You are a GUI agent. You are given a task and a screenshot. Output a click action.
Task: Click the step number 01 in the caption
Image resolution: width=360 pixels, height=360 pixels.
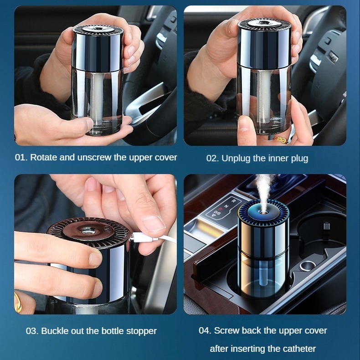pos(21,158)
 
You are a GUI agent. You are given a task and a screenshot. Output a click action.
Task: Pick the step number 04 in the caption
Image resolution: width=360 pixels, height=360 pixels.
pos(205,331)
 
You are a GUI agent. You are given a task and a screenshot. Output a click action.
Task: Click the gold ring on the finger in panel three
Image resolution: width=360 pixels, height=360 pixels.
pos(18,302)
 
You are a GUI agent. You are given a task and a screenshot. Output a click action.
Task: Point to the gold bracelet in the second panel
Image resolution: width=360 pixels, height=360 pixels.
pos(281,139)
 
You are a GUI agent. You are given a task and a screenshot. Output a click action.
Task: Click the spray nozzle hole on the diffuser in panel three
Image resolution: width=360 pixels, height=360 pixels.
pos(87,230)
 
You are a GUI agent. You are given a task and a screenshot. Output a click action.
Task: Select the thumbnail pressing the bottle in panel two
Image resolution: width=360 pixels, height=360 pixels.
pos(245,123)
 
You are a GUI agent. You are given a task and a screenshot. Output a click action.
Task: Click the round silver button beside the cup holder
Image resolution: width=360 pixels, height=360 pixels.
pos(307,266)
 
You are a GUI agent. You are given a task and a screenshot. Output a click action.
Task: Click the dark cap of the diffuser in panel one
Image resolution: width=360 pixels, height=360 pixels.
pos(98,48)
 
